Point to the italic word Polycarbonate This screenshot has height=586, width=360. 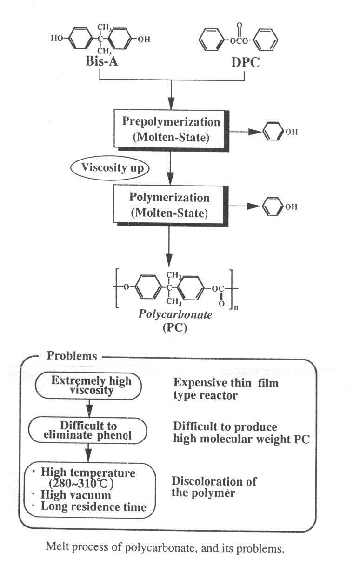tap(175, 315)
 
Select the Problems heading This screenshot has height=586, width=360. tap(72, 356)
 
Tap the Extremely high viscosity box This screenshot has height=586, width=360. tap(92, 386)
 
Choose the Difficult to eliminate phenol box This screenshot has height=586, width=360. tap(89, 431)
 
